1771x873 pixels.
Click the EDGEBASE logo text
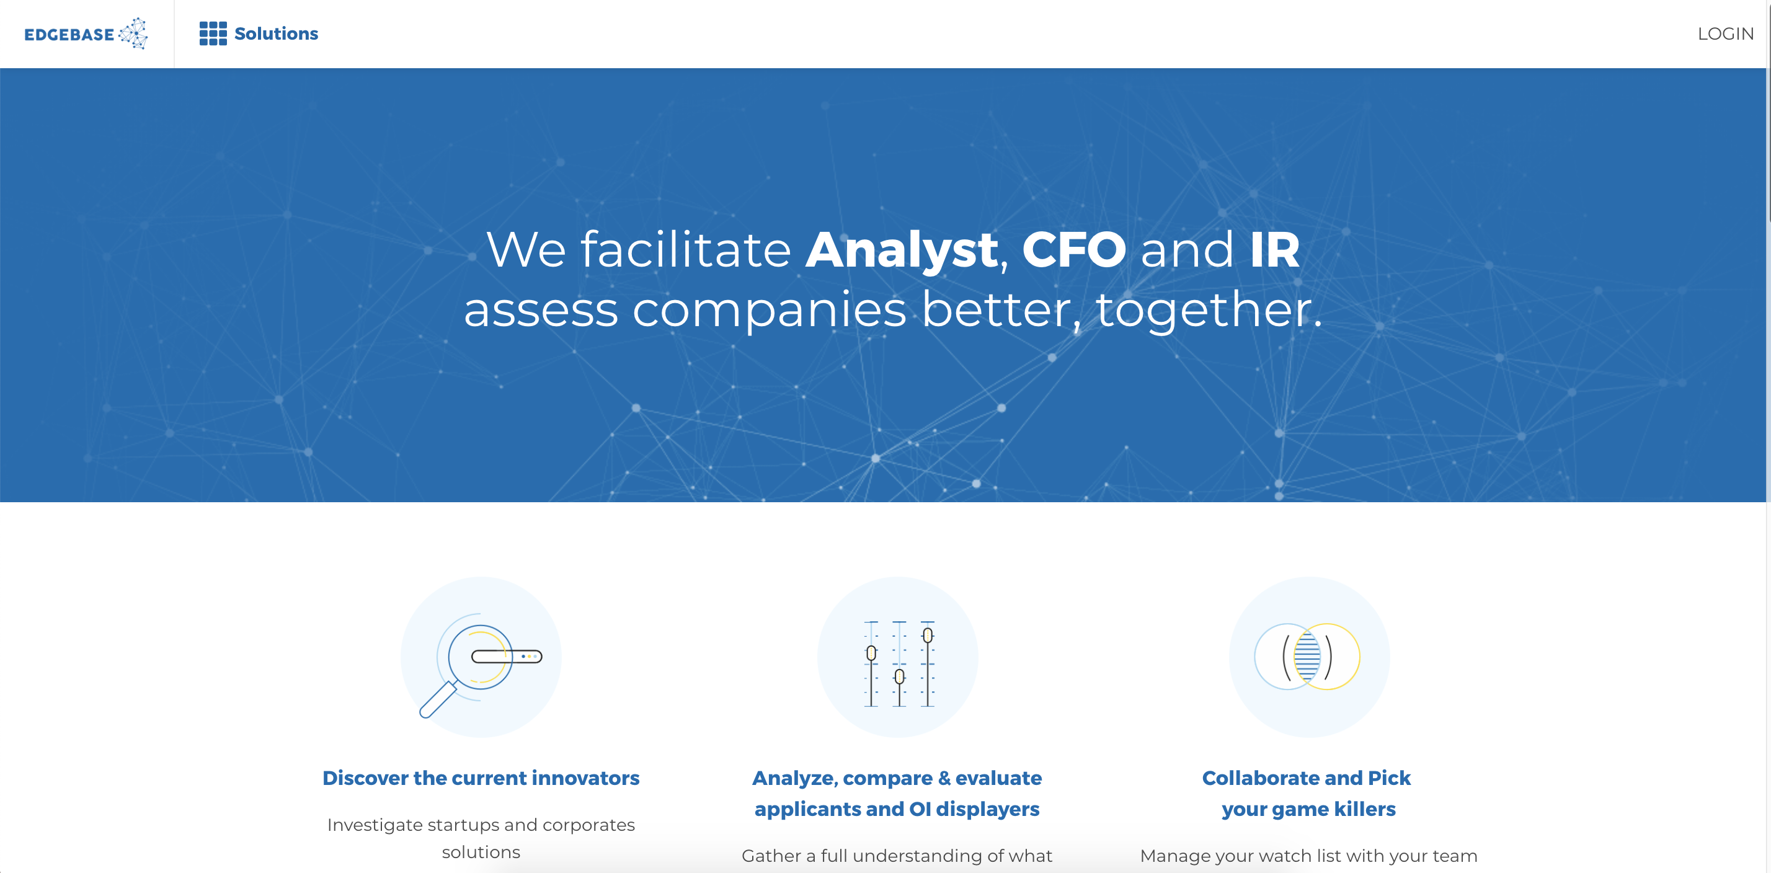69,34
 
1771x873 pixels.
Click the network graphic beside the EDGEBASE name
133,33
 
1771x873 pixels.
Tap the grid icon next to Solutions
213,33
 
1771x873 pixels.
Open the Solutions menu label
277,33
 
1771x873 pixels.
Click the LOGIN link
1726,33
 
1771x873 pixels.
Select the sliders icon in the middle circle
899,663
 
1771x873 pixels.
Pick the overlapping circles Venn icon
1307,657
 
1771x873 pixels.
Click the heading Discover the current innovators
481,778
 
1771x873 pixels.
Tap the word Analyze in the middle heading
794,778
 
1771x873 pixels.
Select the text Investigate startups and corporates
481,824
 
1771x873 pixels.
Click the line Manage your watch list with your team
1308,856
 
